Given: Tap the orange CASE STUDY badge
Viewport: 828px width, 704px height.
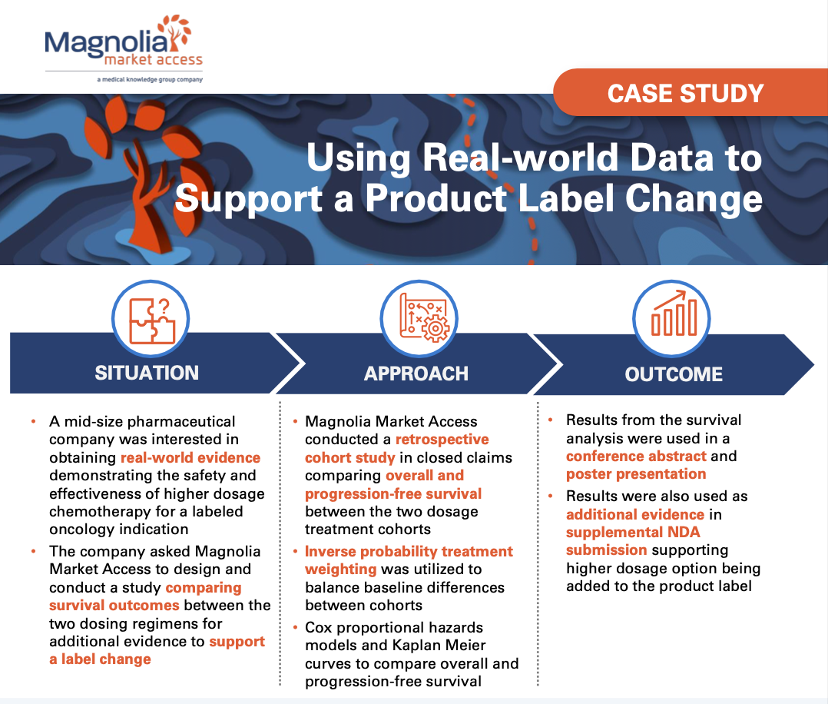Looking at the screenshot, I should (x=685, y=93).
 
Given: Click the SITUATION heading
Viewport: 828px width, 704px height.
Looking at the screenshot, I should (x=147, y=373).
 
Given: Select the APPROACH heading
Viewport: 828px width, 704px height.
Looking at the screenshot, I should (x=416, y=374).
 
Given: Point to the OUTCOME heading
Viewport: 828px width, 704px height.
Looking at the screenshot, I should (x=674, y=374).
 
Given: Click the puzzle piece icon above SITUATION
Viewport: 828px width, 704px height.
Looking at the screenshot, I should (x=149, y=316).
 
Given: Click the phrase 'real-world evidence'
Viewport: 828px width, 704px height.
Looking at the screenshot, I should (x=190, y=458).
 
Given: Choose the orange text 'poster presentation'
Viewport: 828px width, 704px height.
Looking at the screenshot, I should (x=636, y=474).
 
